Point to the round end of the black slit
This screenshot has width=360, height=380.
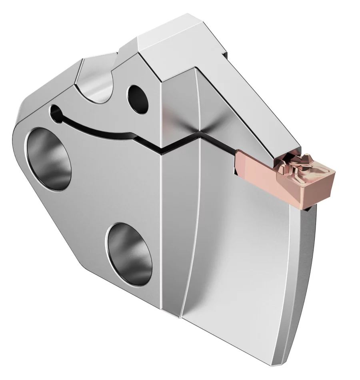[54, 110]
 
